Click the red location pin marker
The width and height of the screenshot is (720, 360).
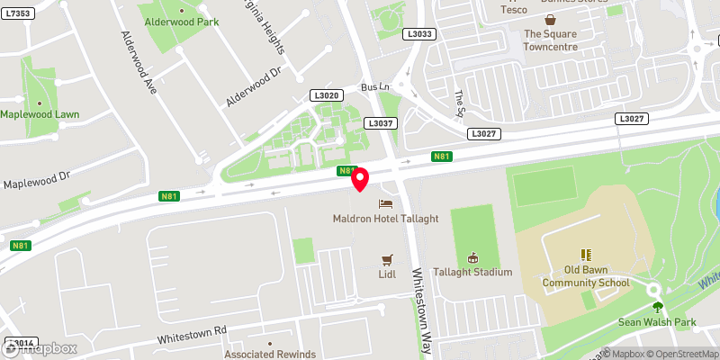tap(360, 179)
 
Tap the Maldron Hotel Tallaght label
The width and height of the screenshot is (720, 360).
tap(385, 219)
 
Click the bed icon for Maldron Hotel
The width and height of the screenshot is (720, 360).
tap(386, 204)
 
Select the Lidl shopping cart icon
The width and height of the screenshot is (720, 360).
tap(387, 259)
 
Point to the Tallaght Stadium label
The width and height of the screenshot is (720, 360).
tap(472, 272)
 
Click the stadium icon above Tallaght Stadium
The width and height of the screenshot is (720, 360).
tap(472, 257)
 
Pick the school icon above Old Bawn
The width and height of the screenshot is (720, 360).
tap(585, 256)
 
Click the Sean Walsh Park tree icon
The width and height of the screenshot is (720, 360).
tap(656, 307)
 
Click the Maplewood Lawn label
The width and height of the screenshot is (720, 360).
tap(40, 114)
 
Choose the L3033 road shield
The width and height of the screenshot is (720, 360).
tap(421, 34)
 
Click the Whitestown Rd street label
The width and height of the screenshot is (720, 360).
tap(191, 336)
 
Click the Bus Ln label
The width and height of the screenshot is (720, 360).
tap(372, 86)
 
